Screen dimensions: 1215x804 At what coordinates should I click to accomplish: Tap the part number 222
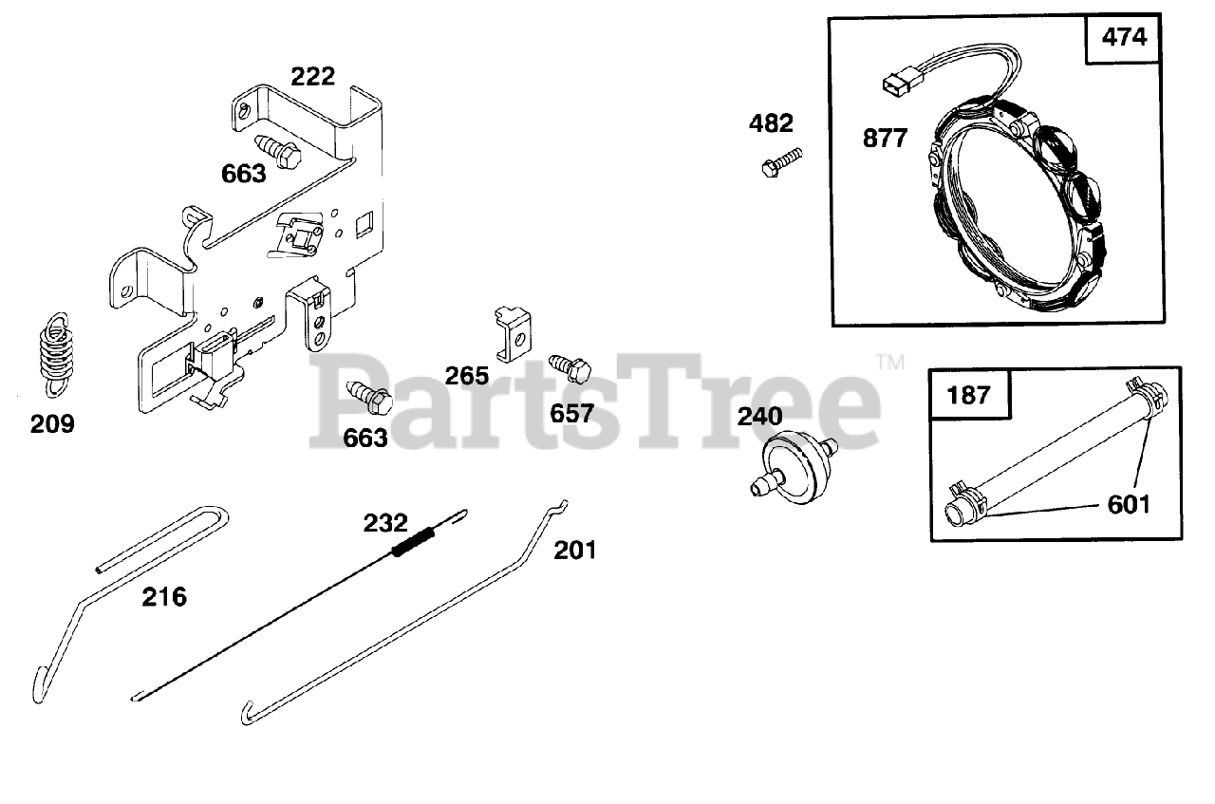pyautogui.click(x=313, y=76)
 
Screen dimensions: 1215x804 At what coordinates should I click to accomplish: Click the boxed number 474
pyautogui.click(x=1124, y=38)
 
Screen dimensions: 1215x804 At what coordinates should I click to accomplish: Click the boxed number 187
pyautogui.click(x=968, y=394)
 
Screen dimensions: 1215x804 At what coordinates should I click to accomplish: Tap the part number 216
pyautogui.click(x=164, y=597)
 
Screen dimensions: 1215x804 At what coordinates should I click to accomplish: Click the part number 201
pyautogui.click(x=576, y=550)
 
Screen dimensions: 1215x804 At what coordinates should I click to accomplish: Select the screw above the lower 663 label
pyautogui.click(x=368, y=398)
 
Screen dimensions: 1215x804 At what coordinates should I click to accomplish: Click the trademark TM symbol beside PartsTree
pyautogui.click(x=889, y=362)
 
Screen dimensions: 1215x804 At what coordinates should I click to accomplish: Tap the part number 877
pyautogui.click(x=885, y=139)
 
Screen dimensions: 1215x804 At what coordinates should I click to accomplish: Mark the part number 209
pyautogui.click(x=52, y=423)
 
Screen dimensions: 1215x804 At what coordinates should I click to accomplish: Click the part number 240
pyautogui.click(x=760, y=416)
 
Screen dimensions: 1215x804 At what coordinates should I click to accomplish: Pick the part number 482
pyautogui.click(x=771, y=122)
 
